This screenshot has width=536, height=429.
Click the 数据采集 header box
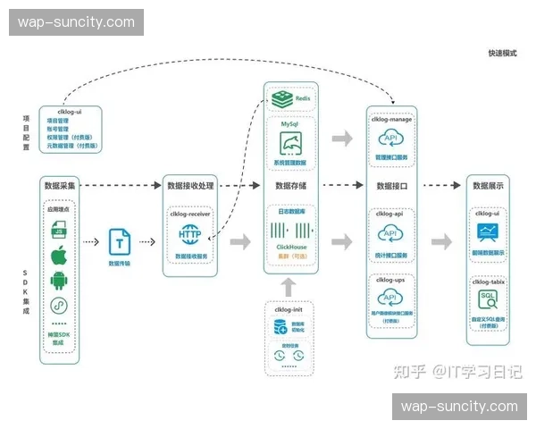[x=61, y=186]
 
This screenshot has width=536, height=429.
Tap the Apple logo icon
[x=60, y=257]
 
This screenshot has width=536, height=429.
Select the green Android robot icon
[x=60, y=282]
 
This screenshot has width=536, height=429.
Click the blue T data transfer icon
[x=119, y=241]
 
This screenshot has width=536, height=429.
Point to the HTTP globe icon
[x=190, y=235]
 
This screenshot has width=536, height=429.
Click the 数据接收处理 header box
[x=190, y=186]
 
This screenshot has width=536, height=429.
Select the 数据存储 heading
[x=290, y=186]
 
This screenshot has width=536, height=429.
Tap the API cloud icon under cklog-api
[x=392, y=234]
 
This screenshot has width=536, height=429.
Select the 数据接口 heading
[x=392, y=186]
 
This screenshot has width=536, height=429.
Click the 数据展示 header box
[x=489, y=186]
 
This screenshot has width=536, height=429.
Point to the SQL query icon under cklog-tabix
[x=489, y=298]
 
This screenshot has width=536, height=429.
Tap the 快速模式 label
[x=502, y=54]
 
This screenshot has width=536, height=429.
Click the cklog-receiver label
[x=190, y=214]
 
